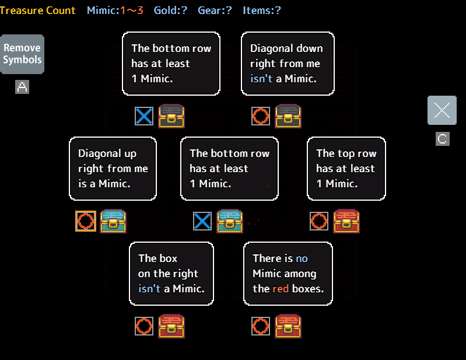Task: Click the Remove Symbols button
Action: [x=22, y=54]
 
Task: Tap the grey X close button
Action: [x=442, y=110]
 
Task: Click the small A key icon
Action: [x=22, y=88]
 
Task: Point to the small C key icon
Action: [x=443, y=139]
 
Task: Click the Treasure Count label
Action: [x=38, y=10]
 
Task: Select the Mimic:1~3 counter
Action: [x=115, y=10]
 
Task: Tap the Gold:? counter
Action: [x=170, y=10]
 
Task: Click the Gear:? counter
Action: [x=215, y=10]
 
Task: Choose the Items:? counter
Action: [x=262, y=10]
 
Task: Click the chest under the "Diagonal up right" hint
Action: [x=113, y=221]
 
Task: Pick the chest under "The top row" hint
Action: [x=346, y=221]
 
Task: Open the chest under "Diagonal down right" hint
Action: [x=288, y=116]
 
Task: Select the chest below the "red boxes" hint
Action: [x=288, y=326]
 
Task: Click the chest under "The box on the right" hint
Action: [x=171, y=326]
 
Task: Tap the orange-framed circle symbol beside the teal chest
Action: [x=86, y=221]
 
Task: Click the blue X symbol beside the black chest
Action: [x=144, y=116]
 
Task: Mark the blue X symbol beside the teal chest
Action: [x=202, y=221]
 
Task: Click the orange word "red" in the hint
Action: [x=281, y=288]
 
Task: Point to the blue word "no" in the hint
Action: [x=302, y=258]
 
